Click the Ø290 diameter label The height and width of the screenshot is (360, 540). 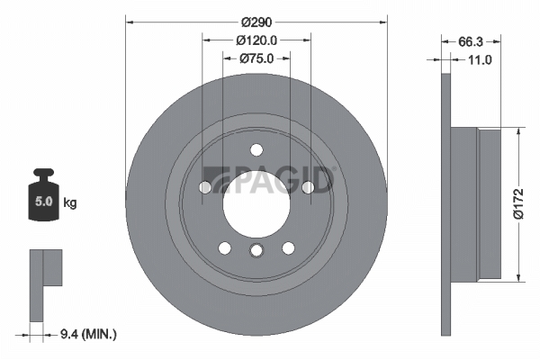tap(256, 22)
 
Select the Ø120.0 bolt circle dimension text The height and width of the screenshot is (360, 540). tap(256, 40)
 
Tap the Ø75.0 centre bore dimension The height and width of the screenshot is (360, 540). tap(256, 58)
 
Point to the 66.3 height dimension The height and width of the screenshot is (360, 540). tap(471, 42)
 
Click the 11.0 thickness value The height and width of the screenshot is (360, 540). tap(480, 60)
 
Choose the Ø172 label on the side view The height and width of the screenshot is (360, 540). tap(518, 204)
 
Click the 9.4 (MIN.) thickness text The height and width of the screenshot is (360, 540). tap(88, 334)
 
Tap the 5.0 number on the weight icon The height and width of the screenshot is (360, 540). tap(44, 202)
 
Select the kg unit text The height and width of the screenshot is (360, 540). tap(70, 202)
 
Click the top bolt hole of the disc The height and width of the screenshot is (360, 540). tap(256, 150)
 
